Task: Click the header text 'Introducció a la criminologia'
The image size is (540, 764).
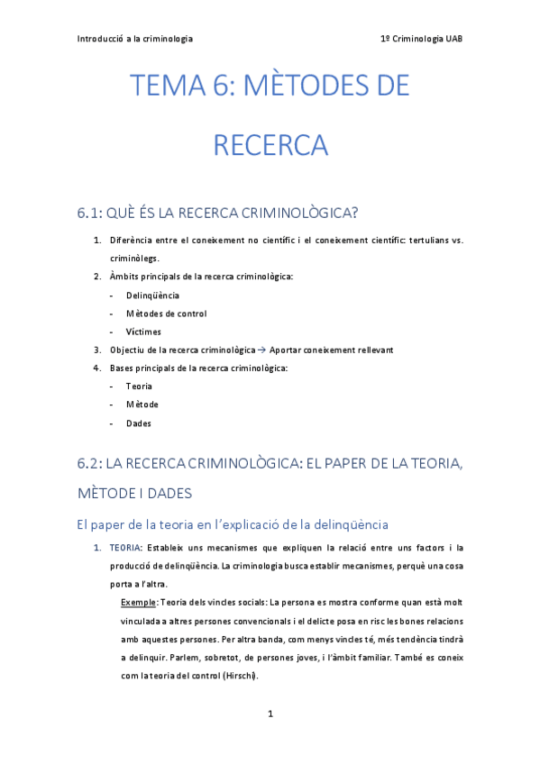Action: point(135,39)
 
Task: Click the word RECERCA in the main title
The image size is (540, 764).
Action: point(270,145)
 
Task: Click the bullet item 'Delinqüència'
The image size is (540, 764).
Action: point(152,295)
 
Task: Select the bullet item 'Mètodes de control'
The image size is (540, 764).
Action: point(166,314)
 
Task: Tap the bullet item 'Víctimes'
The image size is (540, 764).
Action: point(144,332)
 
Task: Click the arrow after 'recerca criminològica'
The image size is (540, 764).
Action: point(262,350)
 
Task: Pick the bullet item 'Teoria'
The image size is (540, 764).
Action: point(139,387)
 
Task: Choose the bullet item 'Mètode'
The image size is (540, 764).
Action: point(142,405)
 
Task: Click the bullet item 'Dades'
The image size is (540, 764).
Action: point(139,423)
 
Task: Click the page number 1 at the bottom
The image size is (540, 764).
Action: point(270,714)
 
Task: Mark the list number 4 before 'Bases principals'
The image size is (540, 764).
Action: point(96,368)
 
